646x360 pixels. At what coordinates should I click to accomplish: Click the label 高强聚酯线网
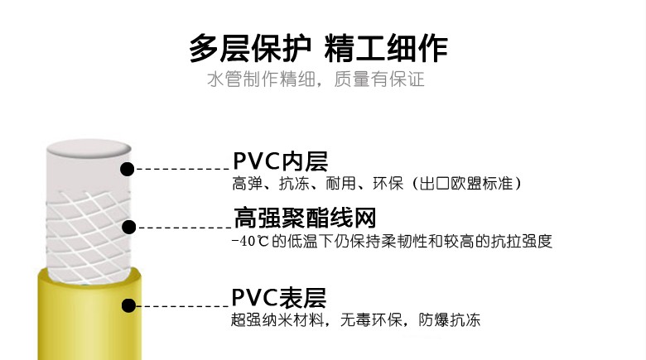305,218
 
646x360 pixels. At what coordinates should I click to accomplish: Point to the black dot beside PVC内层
128,169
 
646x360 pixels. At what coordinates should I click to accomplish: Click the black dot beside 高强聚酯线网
129,226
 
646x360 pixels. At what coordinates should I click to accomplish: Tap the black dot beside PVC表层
128,305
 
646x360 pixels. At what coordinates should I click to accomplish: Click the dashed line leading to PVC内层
182,169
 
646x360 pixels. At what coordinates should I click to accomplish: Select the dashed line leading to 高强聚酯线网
182,226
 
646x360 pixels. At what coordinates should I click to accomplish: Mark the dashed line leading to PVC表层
182,305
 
